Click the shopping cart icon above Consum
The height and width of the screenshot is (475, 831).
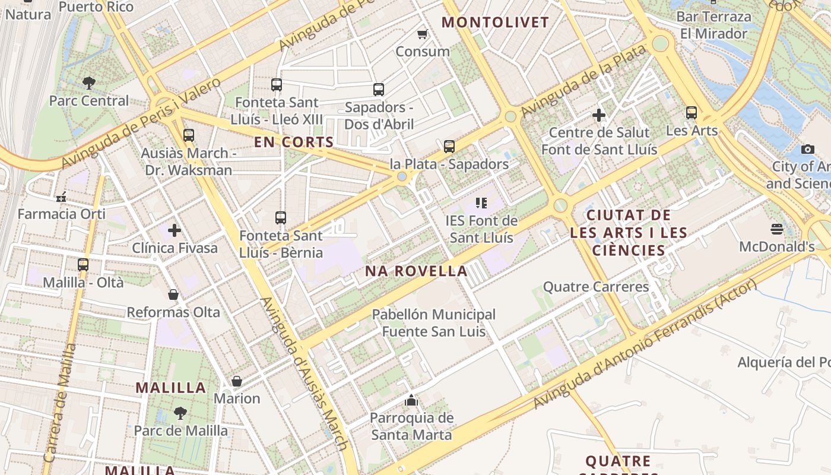point(422,34)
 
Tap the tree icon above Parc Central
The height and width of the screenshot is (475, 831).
point(89,83)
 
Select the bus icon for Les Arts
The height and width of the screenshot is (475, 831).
point(692,113)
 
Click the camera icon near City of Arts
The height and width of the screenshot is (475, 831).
point(807,149)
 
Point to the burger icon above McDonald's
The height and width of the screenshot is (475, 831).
point(777,229)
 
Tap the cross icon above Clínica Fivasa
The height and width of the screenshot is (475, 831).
point(175,230)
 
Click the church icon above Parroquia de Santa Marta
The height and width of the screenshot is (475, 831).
point(411,401)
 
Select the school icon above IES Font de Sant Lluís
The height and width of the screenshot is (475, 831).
point(481,204)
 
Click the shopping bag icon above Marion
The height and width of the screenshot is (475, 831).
point(237,381)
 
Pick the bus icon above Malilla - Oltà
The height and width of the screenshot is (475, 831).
point(83,265)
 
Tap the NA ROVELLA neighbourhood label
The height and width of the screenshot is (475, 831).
point(416,271)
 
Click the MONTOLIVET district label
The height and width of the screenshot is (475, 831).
point(496,23)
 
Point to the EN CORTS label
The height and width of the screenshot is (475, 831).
point(294,142)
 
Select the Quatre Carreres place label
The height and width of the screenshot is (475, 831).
point(596,287)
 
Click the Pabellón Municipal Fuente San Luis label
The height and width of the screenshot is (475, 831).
point(433,323)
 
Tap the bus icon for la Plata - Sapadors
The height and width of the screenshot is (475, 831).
point(449,147)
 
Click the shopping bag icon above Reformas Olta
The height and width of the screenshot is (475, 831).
point(173,295)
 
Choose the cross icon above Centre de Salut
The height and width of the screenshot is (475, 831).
point(599,115)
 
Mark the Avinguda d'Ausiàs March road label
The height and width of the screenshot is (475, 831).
point(304,373)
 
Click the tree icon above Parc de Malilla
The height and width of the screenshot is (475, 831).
point(180,413)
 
